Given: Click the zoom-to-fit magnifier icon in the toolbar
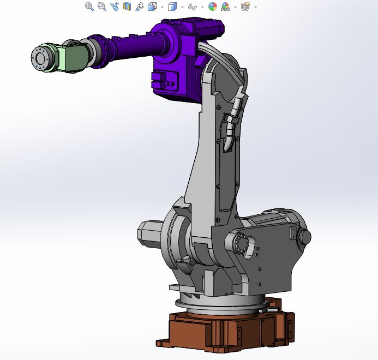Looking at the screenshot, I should (89, 7).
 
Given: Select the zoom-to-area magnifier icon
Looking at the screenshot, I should (101, 7).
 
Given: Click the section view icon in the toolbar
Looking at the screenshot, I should (127, 7).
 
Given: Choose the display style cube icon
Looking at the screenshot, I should (172, 7).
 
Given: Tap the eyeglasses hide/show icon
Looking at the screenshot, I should (192, 7).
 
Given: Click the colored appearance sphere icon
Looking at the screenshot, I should (213, 7).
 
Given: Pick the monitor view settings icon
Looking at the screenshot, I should (245, 7).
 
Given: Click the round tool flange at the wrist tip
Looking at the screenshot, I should (39, 58).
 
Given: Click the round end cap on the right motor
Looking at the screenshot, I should (305, 237).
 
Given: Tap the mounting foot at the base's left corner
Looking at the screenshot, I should (162, 343).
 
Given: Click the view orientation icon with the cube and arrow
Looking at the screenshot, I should (153, 7).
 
